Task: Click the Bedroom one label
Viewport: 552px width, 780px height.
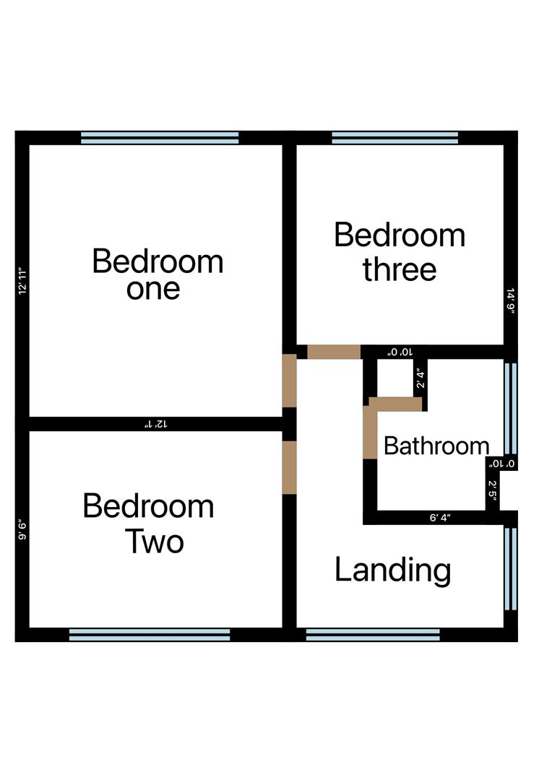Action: [x=158, y=274]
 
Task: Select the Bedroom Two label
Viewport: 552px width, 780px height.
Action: [x=148, y=523]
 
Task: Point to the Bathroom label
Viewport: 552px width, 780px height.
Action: [x=436, y=446]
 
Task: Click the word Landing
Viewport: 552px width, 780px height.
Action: [x=393, y=571]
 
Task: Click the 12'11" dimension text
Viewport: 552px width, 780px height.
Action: [x=22, y=282]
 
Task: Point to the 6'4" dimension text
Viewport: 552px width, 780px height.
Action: [x=440, y=517]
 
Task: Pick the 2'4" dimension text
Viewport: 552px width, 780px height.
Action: [x=418, y=378]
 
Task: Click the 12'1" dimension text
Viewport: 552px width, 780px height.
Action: [x=159, y=424]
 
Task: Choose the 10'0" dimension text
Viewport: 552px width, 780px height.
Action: [x=400, y=352]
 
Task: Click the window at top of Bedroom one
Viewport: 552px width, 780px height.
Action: [x=160, y=137]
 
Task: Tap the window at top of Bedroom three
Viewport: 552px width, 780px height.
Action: [x=394, y=137]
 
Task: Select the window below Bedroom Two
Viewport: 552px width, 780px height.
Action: [x=150, y=634]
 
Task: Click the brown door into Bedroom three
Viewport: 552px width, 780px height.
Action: [x=334, y=352]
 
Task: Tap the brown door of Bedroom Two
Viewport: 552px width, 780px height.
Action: [x=289, y=467]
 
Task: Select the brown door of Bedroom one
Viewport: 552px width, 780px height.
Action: [x=289, y=381]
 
